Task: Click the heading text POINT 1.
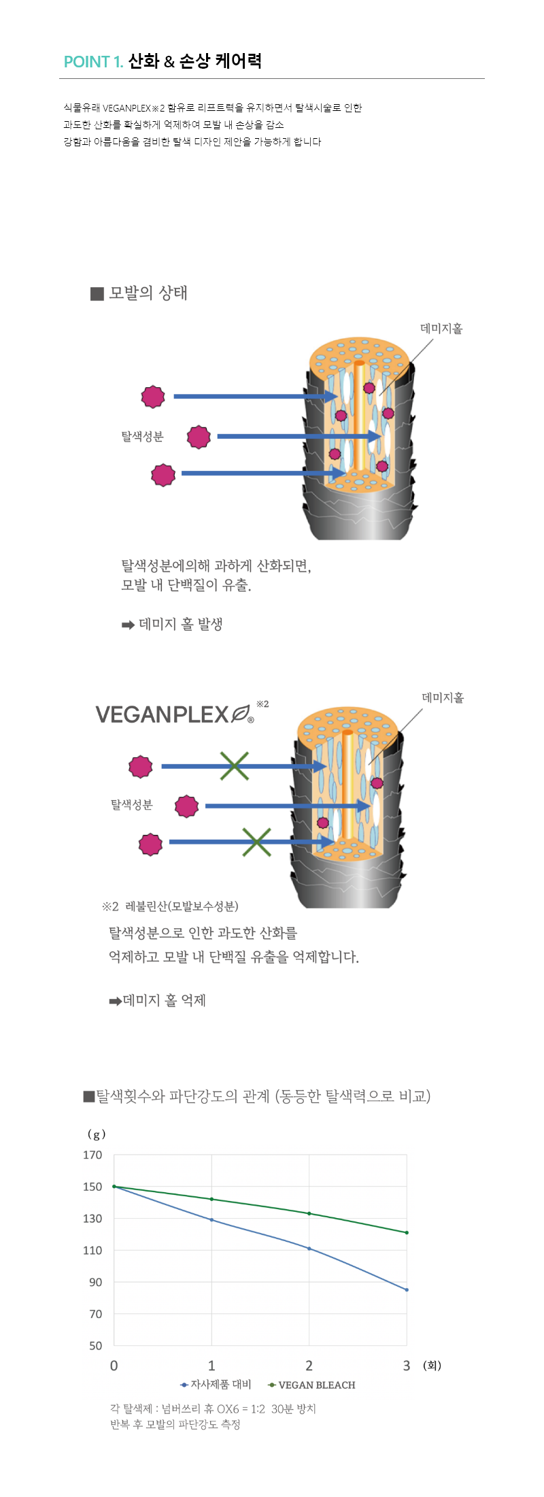tap(93, 62)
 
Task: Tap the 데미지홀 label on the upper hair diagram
tap(441, 329)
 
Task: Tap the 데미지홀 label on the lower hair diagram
tap(443, 697)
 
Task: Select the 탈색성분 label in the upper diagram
tap(142, 437)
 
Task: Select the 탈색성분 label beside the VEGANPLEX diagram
tap(132, 805)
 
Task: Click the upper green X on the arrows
tap(234, 766)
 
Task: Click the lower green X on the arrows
tap(256, 842)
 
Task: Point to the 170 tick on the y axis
tap(92, 1155)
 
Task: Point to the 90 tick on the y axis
tap(96, 1282)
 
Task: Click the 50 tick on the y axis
tap(96, 1345)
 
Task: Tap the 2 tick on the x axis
tap(309, 1366)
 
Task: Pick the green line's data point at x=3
tap(407, 1232)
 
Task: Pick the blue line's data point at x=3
tap(407, 1289)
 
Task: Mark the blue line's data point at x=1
tap(211, 1219)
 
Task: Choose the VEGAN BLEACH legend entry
tap(311, 1385)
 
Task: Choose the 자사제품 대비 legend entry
tap(216, 1385)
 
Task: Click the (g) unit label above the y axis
tap(97, 1134)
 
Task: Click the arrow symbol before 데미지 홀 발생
tap(128, 625)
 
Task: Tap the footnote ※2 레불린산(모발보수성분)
tap(170, 906)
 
